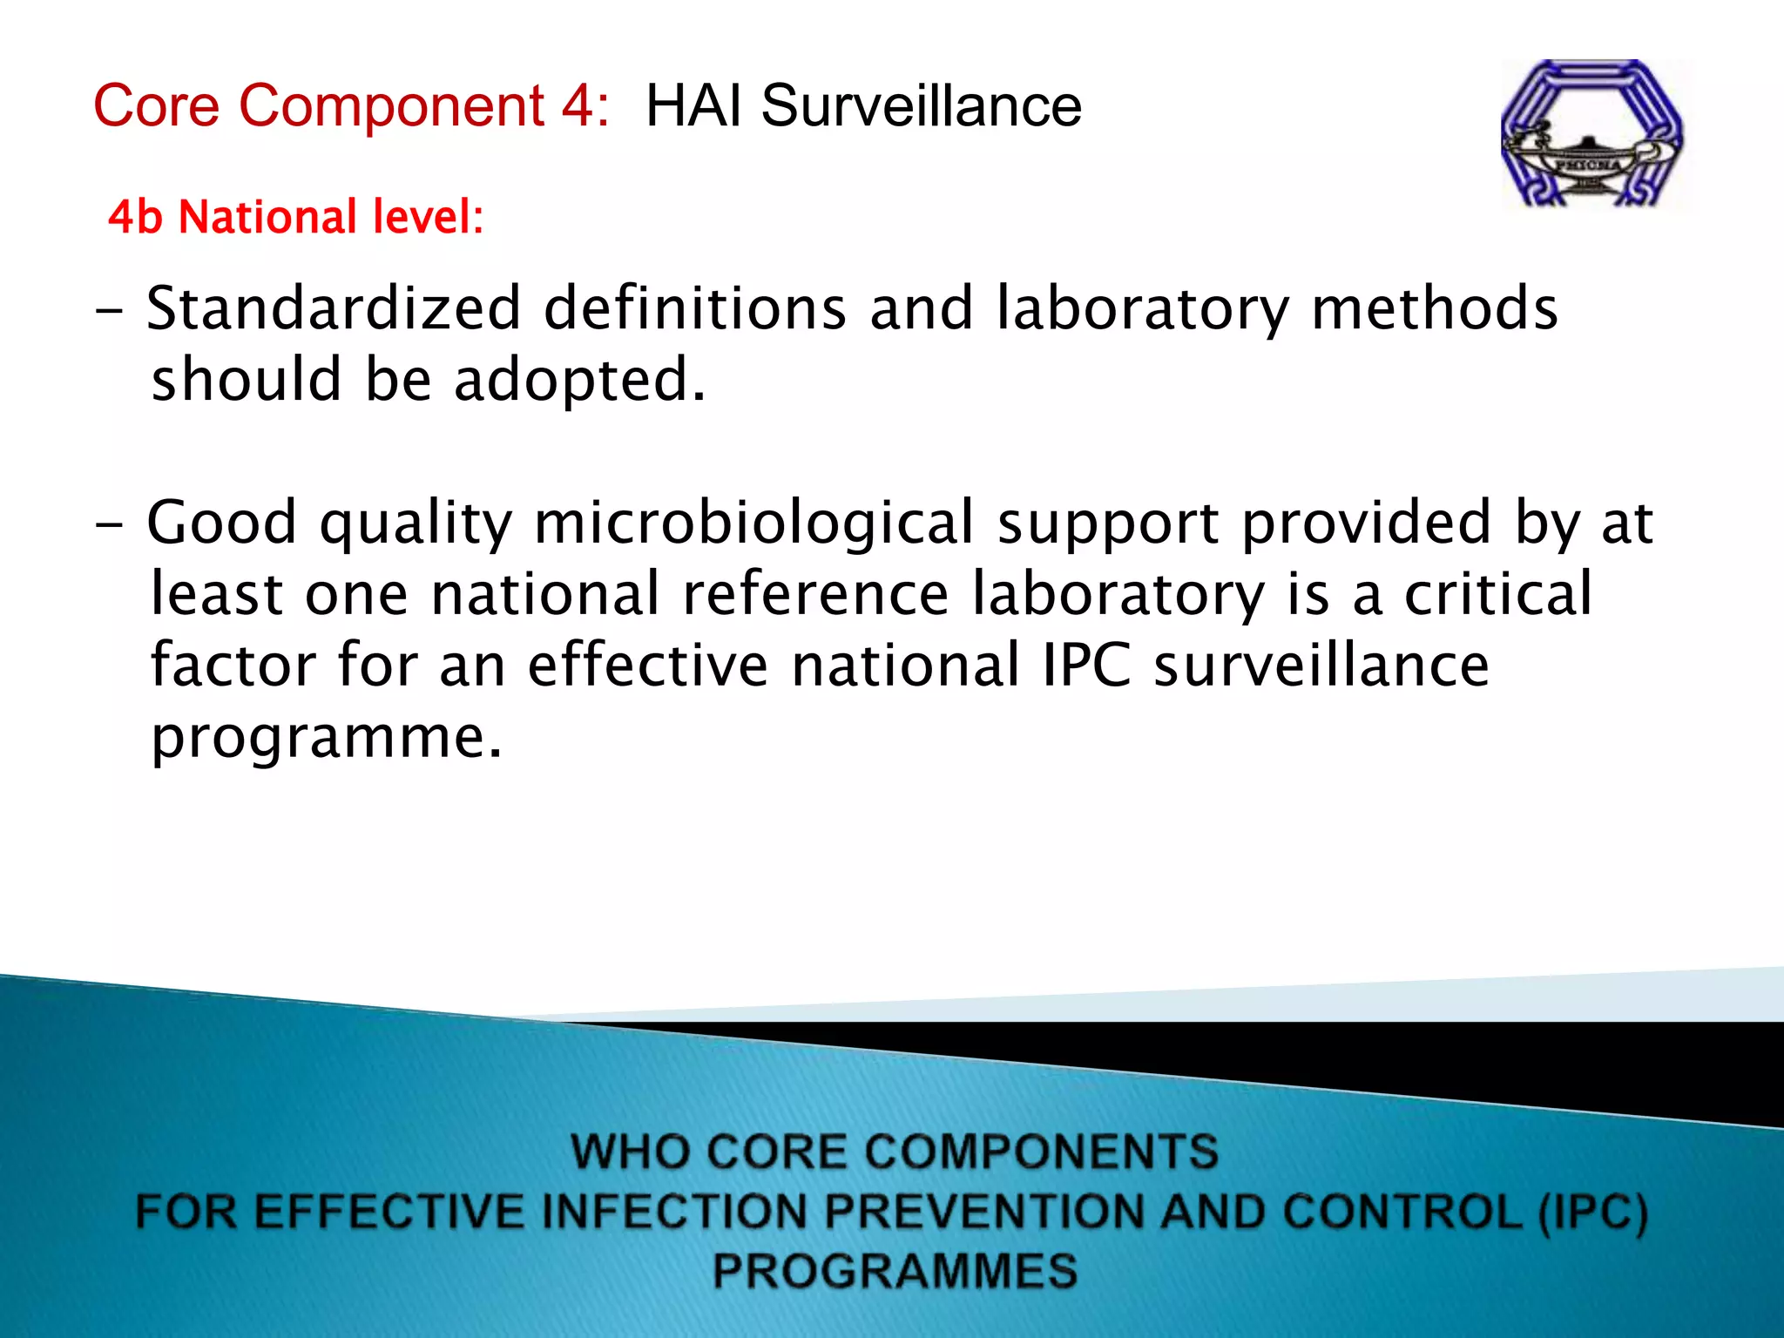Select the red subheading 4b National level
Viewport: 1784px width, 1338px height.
click(295, 217)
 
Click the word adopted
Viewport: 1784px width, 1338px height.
click(578, 381)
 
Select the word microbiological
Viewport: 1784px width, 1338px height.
click(753, 524)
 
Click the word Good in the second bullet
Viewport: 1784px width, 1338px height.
click(222, 524)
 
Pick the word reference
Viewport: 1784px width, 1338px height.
click(815, 594)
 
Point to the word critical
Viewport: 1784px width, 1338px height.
click(1497, 594)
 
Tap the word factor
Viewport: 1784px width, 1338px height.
click(233, 666)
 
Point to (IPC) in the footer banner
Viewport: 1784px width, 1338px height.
click(1593, 1212)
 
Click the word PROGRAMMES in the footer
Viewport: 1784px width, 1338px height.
click(895, 1270)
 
